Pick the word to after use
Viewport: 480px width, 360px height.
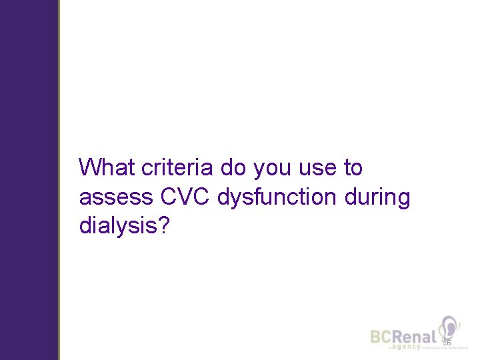[353, 168]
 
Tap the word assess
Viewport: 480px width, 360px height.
[115, 198]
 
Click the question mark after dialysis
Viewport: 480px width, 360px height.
[166, 226]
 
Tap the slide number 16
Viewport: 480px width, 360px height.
[447, 342]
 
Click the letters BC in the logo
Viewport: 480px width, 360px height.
[382, 337]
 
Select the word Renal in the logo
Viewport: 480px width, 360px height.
[415, 337]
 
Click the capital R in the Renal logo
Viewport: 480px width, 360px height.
[399, 337]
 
